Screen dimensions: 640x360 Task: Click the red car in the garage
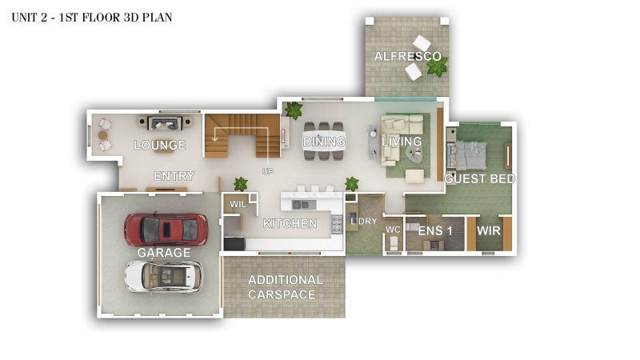[166, 230]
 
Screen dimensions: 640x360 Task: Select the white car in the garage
[163, 276]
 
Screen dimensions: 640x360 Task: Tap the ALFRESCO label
[408, 56]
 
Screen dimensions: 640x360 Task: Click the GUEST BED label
[479, 178]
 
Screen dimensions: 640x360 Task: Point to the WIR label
[489, 230]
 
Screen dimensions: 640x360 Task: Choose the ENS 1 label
[435, 230]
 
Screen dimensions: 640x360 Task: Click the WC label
[393, 230]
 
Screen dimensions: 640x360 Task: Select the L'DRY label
[364, 222]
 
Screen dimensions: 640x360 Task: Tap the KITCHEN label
[290, 223]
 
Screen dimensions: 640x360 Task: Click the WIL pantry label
[238, 204]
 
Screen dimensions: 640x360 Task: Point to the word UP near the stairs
[268, 171]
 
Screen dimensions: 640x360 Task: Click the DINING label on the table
[325, 142]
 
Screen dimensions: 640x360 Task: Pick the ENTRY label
[174, 176]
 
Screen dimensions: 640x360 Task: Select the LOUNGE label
[160, 145]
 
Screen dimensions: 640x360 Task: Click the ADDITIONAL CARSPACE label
[285, 287]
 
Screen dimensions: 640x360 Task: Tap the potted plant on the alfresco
[437, 66]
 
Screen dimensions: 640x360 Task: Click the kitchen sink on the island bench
[302, 204]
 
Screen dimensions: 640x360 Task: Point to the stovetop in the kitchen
[337, 225]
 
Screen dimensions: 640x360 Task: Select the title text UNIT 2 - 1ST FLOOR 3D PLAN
[92, 18]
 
